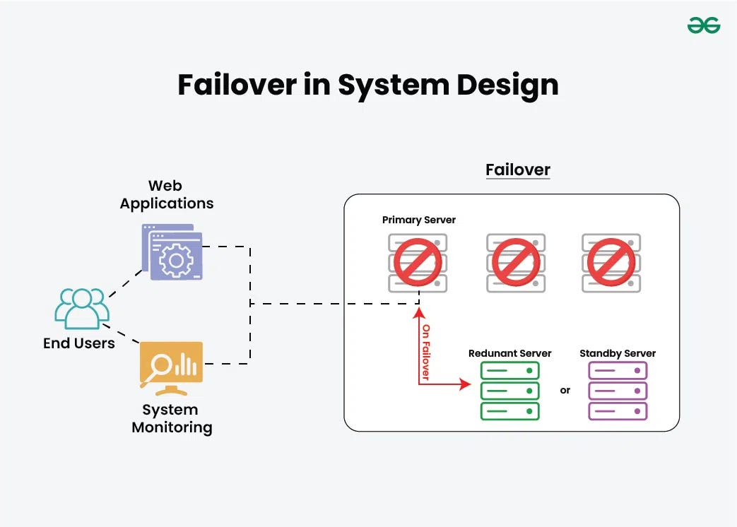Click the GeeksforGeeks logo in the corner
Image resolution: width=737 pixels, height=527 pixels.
click(x=703, y=26)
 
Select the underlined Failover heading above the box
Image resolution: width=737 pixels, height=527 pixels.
click(x=517, y=170)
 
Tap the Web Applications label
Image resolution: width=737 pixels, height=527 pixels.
click(x=166, y=195)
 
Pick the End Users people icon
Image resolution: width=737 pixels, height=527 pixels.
click(x=82, y=308)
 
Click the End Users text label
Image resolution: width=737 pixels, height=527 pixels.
click(x=78, y=343)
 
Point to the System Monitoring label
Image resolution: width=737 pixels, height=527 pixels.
click(x=172, y=418)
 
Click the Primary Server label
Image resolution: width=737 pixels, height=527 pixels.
click(x=418, y=220)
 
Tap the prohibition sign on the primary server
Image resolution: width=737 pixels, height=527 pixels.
click(x=417, y=262)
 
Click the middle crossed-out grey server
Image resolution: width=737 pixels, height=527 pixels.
click(x=516, y=262)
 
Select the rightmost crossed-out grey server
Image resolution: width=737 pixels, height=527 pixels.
click(x=611, y=262)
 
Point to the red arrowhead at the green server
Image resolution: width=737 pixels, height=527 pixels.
click(x=464, y=384)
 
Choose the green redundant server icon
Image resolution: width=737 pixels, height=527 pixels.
click(x=509, y=391)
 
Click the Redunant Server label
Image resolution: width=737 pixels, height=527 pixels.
click(x=509, y=353)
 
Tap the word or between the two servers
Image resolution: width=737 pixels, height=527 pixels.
click(x=565, y=390)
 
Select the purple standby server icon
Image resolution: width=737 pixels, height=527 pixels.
click(x=618, y=391)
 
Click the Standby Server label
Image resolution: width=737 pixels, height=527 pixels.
click(x=618, y=353)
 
